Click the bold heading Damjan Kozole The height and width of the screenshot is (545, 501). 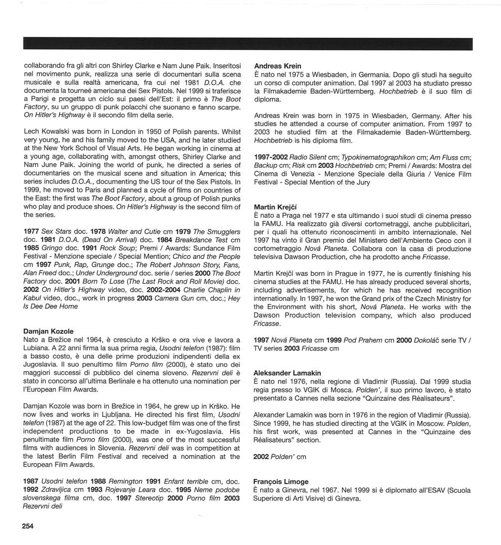[48, 331]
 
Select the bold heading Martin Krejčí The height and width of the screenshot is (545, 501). [274, 207]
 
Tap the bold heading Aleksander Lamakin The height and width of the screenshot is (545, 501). [287, 373]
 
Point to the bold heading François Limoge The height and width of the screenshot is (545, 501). [280, 482]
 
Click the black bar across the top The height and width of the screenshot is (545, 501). [248, 44]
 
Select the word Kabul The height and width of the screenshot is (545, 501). [33, 298]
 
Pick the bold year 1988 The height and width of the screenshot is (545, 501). [99, 482]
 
